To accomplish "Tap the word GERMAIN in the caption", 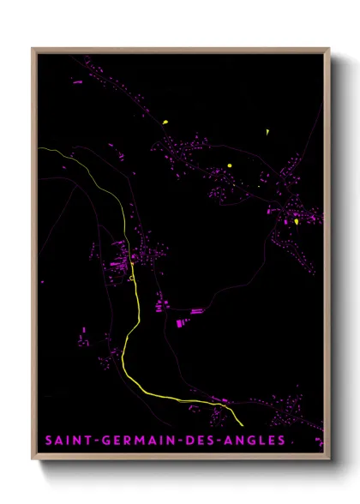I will pos(135,441).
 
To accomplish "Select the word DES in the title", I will pos(200,441).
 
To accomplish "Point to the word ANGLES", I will pos(253,441).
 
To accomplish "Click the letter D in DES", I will pos(188,441).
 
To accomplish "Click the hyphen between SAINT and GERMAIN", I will pos(97,441).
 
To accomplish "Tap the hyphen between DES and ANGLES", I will pos(216,441).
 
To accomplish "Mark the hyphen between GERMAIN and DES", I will pos(178,441).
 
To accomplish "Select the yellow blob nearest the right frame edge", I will pos(296,222).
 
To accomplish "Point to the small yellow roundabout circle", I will pos(131,278).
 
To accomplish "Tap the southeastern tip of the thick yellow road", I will pos(243,424).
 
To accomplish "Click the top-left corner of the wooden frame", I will pos(33,49).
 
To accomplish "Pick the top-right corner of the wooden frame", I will pos(329,49).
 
